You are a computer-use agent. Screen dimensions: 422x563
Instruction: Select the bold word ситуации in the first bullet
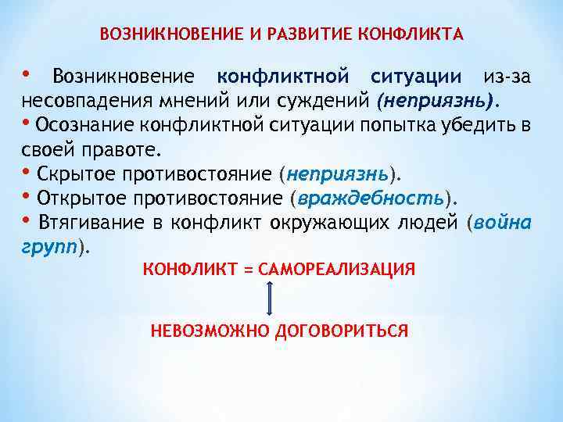point(415,77)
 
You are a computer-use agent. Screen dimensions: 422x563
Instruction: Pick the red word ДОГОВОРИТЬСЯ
point(342,331)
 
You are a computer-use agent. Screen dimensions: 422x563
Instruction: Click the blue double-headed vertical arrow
point(270,299)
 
